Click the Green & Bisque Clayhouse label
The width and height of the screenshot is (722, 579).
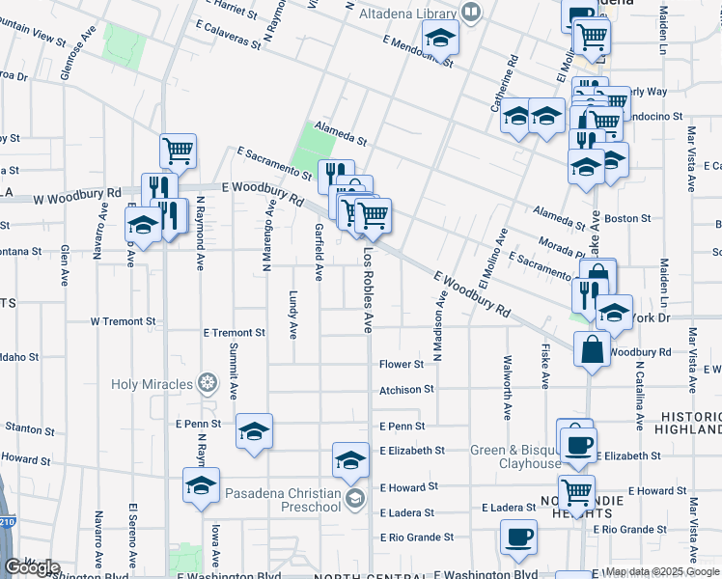(515, 456)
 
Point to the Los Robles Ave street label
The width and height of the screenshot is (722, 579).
(368, 289)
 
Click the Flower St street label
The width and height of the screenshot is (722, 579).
(402, 365)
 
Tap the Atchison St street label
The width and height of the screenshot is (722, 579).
(406, 390)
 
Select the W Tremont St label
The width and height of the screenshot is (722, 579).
(123, 320)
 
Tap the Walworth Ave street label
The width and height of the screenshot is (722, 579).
(507, 387)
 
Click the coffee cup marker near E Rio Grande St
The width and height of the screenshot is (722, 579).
(518, 537)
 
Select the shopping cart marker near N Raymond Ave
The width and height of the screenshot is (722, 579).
(178, 150)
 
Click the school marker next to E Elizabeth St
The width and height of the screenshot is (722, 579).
(350, 458)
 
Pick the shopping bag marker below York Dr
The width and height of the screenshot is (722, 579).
(591, 348)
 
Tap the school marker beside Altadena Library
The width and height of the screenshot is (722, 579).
(441, 37)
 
